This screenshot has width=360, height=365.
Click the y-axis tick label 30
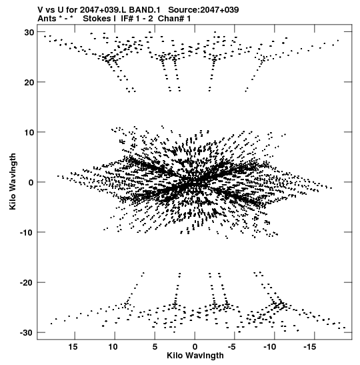coord(29,32)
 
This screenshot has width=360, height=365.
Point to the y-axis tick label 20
coord(29,82)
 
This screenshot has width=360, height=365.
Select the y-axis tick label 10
coord(29,132)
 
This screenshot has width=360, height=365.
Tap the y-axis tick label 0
coord(31,183)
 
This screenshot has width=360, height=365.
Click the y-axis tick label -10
coord(27,233)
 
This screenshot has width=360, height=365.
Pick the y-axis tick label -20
coord(27,283)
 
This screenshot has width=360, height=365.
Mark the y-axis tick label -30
coord(27,333)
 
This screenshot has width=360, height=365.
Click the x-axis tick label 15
coord(73,347)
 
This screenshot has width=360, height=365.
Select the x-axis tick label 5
coord(155,347)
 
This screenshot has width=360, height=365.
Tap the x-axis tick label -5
coord(231,347)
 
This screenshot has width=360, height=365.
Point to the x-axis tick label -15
coord(309,347)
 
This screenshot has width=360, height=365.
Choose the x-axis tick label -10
coord(269,347)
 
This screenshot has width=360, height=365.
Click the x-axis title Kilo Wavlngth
coord(195,356)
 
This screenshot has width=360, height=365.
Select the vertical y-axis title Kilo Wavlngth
coord(13,181)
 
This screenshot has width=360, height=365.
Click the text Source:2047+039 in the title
coord(203,10)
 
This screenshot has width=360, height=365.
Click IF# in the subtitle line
coord(127,19)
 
